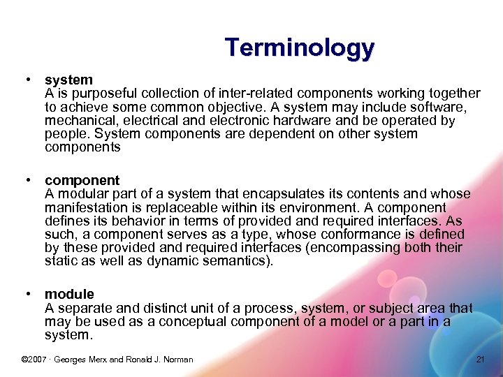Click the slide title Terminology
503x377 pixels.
click(x=300, y=48)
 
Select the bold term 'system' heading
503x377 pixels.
click(x=68, y=80)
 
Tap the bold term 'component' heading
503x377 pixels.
click(x=82, y=180)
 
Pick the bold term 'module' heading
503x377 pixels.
click(x=69, y=294)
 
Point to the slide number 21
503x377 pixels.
click(x=480, y=360)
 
